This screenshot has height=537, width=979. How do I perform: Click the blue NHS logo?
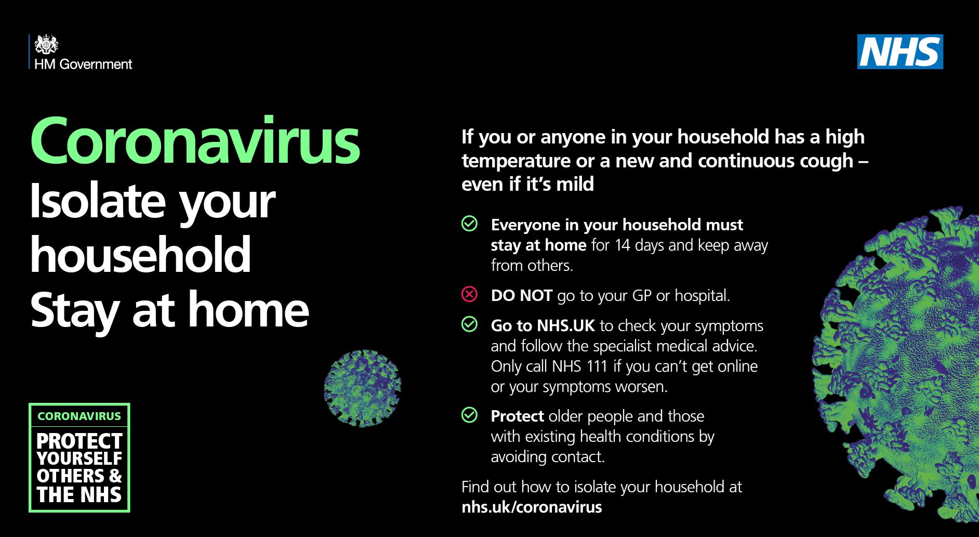click(900, 51)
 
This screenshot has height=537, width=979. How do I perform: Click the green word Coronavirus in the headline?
click(195, 140)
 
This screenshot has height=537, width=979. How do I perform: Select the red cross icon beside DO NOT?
click(469, 295)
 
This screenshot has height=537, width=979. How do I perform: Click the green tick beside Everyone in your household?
click(469, 224)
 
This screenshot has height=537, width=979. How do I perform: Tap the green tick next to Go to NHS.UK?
click(469, 324)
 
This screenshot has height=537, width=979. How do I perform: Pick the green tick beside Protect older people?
click(469, 415)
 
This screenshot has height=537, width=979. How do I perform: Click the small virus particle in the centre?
click(363, 388)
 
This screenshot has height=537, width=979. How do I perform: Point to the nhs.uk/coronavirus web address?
click(532, 507)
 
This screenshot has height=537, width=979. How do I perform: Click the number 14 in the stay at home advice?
click(623, 245)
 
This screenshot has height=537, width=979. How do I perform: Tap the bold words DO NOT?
click(521, 295)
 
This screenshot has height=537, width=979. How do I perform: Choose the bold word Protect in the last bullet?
click(518, 416)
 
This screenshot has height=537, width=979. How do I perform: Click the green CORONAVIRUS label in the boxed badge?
click(79, 416)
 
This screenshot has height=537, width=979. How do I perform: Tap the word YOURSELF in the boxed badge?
click(80, 459)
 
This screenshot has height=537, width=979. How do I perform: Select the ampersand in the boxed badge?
click(115, 476)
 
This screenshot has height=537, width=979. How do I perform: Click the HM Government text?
click(84, 64)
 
